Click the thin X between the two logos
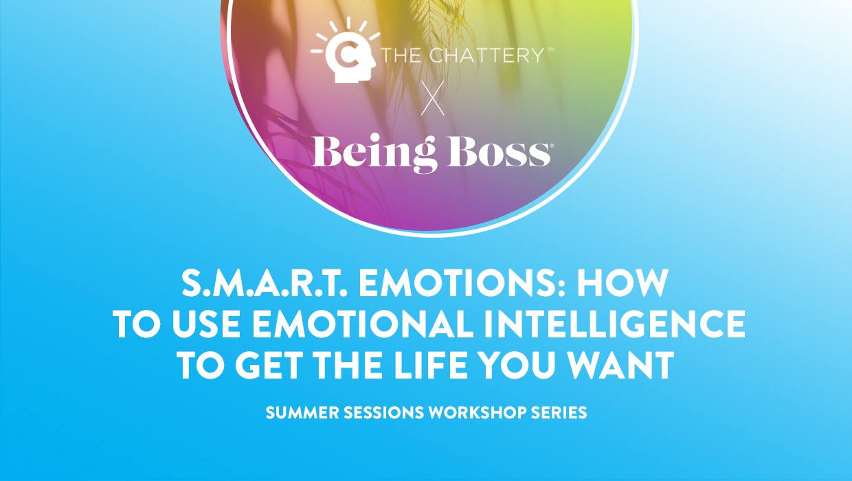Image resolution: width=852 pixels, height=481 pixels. pyautogui.click(x=433, y=98)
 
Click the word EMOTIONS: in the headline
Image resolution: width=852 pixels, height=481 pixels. pyautogui.click(x=462, y=283)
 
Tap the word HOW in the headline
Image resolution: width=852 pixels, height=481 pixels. pyautogui.click(x=623, y=283)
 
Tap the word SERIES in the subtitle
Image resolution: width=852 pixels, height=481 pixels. pyautogui.click(x=559, y=412)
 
